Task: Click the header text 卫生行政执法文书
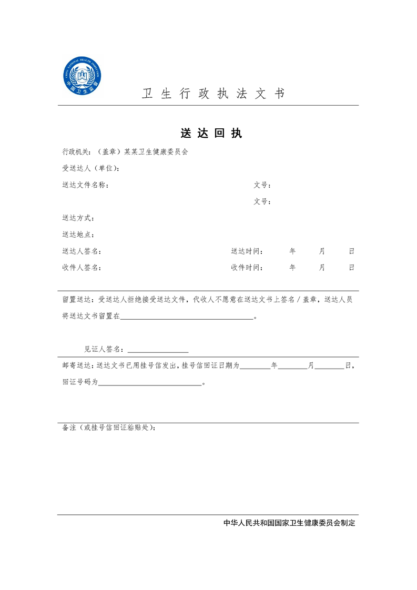click(x=213, y=94)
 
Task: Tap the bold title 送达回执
click(x=211, y=134)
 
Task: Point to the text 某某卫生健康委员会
click(x=156, y=152)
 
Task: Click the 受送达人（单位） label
click(x=90, y=169)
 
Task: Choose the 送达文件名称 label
click(x=85, y=185)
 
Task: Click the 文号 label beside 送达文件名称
click(x=261, y=185)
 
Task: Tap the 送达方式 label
click(x=78, y=218)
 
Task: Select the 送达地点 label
click(x=78, y=235)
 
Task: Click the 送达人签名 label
click(x=82, y=251)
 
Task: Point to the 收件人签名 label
click(x=82, y=268)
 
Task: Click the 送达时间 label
click(x=247, y=251)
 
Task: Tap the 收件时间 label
click(x=247, y=268)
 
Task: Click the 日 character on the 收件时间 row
click(x=351, y=268)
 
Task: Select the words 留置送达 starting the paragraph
click(x=77, y=300)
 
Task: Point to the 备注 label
click(x=69, y=428)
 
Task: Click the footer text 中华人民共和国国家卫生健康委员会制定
click(x=289, y=523)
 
